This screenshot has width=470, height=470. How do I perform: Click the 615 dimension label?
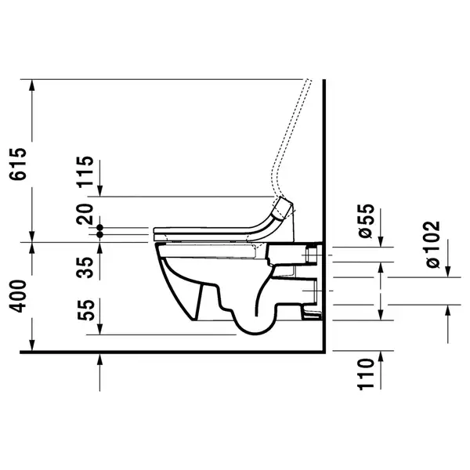pos(18,164)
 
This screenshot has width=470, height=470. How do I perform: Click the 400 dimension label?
pos(18,296)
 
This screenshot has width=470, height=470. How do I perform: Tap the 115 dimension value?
pos(85,172)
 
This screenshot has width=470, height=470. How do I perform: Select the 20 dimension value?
pos(85,214)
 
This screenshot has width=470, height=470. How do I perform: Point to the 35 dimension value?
pos(85,267)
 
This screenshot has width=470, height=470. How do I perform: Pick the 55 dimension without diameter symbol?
pos(86,309)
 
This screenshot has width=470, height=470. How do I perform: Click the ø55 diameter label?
pos(367,221)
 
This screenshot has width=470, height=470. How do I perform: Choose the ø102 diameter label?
pos(432,244)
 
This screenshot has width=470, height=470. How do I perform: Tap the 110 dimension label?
pos(367,374)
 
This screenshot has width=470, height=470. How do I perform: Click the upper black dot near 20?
pos(99,227)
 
